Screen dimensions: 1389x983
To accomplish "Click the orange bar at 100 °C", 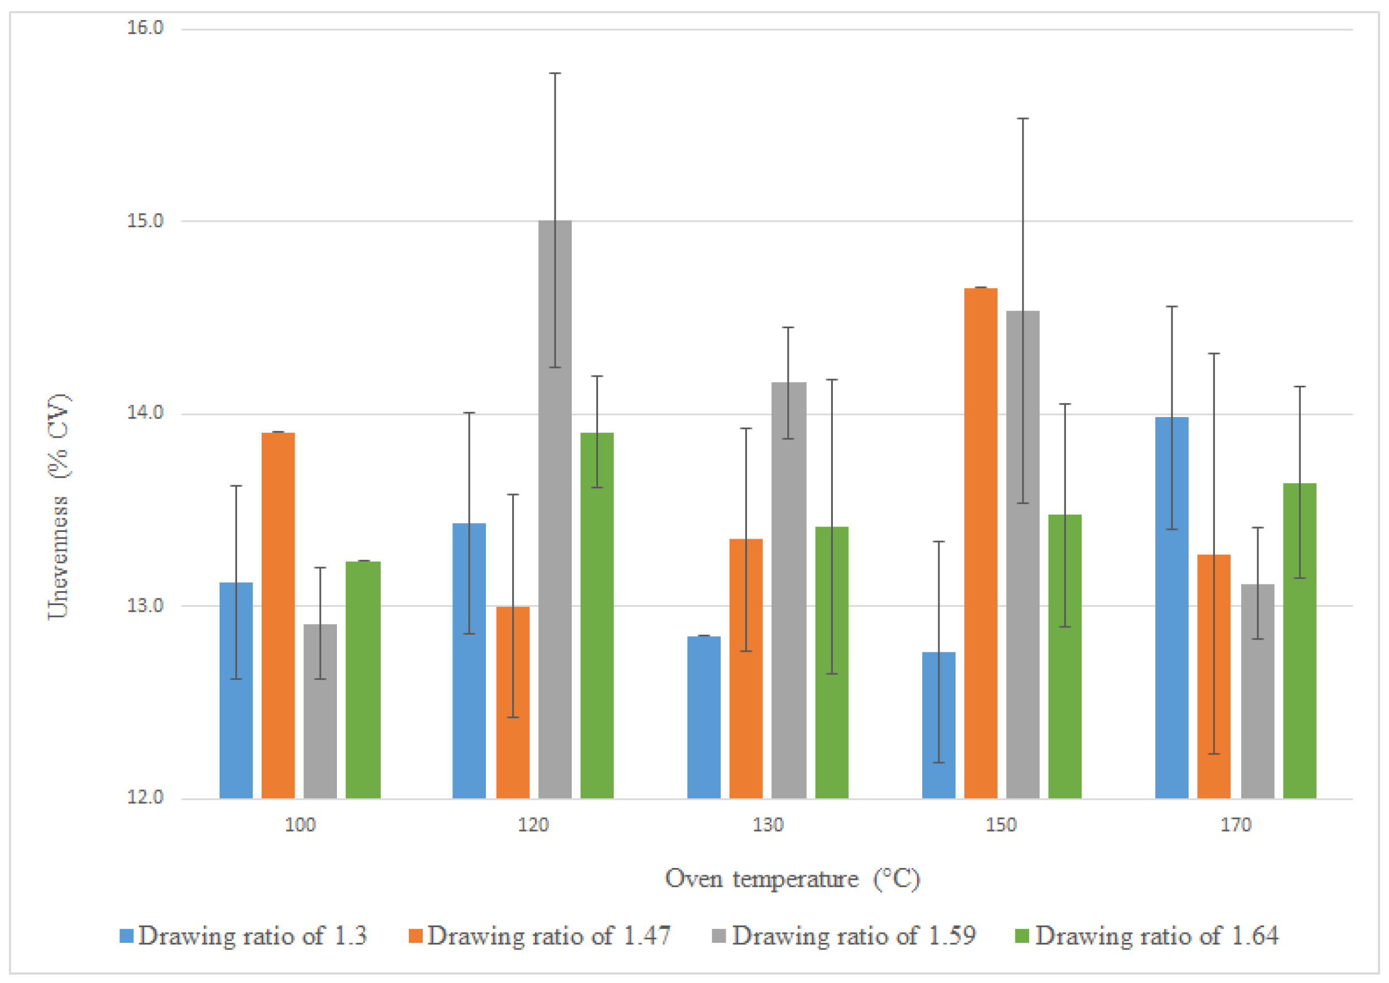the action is tap(278, 616).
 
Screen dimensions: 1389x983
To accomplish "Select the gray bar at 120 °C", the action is tap(554, 510).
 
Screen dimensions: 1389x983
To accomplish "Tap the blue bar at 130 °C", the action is tap(703, 717).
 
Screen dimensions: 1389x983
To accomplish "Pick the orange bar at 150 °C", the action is tap(981, 544).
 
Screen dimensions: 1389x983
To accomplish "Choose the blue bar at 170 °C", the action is tap(1172, 608).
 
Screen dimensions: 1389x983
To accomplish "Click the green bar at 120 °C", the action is tap(597, 616).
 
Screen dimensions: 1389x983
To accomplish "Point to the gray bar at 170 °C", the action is tap(1258, 691).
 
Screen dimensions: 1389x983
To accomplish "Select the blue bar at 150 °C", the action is tap(939, 725).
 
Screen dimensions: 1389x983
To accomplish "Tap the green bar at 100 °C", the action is tap(363, 680).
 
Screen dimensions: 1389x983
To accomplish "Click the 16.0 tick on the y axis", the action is tap(145, 28).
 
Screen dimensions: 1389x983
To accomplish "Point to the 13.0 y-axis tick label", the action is tap(145, 605).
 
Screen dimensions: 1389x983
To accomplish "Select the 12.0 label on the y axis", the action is tap(145, 797).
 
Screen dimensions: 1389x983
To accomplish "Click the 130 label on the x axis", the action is tap(768, 825).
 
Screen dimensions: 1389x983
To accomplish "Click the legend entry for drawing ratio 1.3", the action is tap(243, 936).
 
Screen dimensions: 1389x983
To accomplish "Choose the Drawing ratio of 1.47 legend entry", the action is tap(539, 936).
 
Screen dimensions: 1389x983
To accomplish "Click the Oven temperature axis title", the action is tap(793, 879).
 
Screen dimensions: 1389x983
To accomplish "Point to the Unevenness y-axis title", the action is tap(59, 507).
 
